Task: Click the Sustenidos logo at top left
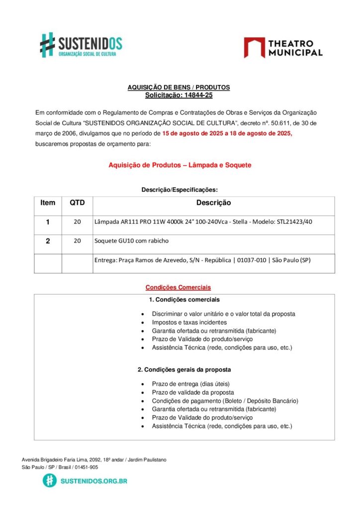tap(81, 45)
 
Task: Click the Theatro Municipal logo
tap(283, 48)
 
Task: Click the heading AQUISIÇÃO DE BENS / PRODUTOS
tap(179, 87)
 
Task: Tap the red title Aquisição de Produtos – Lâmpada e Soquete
tap(180, 165)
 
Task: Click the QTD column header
tap(77, 203)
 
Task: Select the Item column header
tap(48, 203)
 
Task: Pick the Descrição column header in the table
tap(213, 203)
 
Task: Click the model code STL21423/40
tap(294, 222)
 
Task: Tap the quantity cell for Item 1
tap(77, 222)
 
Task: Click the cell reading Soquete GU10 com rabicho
tap(131, 241)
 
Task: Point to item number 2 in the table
tap(48, 241)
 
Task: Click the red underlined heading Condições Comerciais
tap(178, 287)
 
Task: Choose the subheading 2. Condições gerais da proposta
tap(184, 370)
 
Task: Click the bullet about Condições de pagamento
tap(225, 401)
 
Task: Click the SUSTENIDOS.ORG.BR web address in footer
tap(93, 481)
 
